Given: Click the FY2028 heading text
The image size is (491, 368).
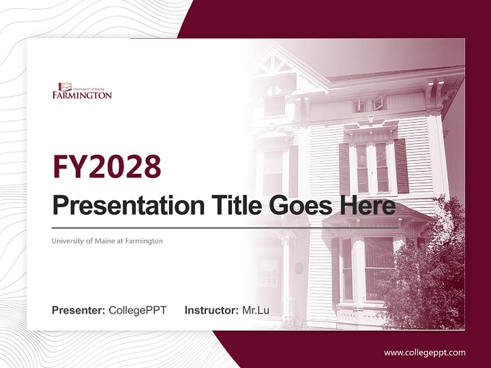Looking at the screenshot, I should click(107, 166).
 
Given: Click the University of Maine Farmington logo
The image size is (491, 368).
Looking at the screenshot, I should click(82, 90).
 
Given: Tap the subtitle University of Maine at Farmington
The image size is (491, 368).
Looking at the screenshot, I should click(107, 241).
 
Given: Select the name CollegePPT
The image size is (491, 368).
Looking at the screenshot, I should click(138, 310).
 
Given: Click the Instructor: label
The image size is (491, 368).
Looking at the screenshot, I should click(211, 310).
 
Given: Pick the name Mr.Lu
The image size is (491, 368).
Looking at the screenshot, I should click(255, 310).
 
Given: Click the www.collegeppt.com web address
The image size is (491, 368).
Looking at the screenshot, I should click(425, 352).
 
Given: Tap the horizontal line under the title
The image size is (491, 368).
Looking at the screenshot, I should click(225, 227).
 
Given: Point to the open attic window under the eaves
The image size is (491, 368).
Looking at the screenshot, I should click(378, 103).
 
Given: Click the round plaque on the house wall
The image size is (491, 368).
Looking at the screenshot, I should click(299, 268).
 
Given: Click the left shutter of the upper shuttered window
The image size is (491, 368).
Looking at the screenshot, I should click(344, 169).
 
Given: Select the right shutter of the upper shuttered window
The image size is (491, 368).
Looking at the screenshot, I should click(401, 166).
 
